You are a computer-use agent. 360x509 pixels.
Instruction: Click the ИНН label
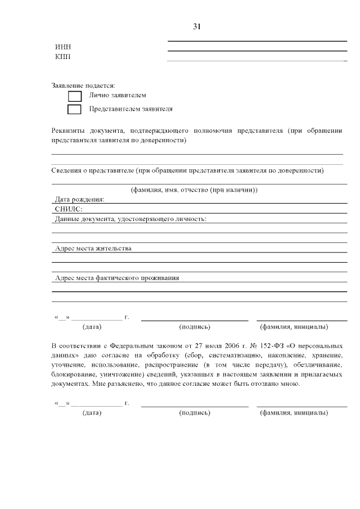tap(62, 47)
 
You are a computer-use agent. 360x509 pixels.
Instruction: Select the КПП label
tap(62, 56)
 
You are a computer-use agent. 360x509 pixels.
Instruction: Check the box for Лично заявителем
tap(74, 96)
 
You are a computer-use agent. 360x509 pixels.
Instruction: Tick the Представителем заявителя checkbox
tap(74, 109)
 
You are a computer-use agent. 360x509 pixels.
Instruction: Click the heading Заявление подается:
tap(83, 85)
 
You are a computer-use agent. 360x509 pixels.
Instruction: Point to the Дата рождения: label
tap(79, 199)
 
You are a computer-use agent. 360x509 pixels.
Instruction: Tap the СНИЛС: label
tap(69, 209)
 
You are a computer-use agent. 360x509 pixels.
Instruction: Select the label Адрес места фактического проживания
tap(117, 278)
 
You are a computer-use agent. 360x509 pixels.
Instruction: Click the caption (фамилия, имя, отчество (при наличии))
tap(194, 190)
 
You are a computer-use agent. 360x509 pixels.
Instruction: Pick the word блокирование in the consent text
tap(73, 375)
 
